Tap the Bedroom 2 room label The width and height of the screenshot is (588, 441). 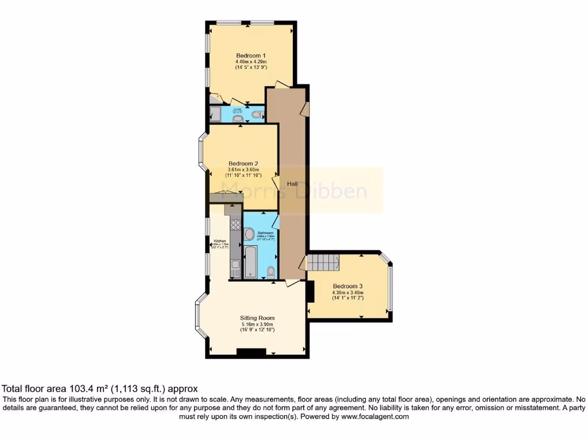(243, 163)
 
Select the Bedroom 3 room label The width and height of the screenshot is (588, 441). (348, 286)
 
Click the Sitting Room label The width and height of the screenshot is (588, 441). (257, 318)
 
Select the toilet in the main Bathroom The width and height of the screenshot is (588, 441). (271, 272)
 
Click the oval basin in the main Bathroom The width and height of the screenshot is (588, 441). (249, 234)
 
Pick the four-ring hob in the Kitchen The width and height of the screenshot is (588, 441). (235, 225)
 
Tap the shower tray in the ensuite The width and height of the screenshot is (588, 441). (215, 115)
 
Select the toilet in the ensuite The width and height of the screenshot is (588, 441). (257, 114)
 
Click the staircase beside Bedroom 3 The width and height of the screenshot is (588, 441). (323, 262)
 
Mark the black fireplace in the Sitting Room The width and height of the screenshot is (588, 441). (251, 353)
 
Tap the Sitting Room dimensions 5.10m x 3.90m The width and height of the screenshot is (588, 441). (257, 324)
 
